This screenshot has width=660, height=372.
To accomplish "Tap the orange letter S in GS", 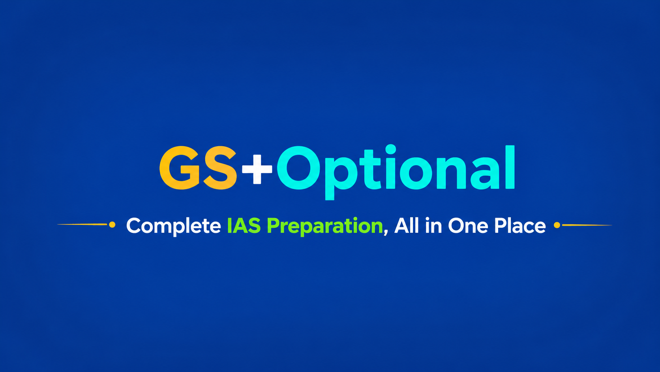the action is coord(220,168).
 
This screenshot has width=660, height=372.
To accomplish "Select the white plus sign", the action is coord(257,169).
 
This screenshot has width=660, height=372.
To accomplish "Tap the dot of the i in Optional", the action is coord(391,149).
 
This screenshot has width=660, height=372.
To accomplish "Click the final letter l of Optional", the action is coord(510,167).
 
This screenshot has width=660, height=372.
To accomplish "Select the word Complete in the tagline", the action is coord(174,226).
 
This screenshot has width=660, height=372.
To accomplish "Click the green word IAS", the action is coord(244,226).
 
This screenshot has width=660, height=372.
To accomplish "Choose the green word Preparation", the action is coord(324,226).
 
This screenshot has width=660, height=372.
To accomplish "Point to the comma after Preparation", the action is coord(386,233).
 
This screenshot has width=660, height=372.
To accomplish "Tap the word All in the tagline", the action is coord(407,226).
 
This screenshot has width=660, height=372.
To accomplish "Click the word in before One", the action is coord(434,226).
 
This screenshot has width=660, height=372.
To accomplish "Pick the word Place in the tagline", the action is coord(520,226).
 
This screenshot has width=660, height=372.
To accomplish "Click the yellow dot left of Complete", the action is coord(112,225).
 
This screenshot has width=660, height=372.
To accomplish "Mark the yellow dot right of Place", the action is coord(557,225).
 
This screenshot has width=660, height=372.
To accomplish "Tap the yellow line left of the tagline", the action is coord(82,225).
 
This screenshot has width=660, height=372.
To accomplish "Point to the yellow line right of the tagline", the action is coord(587,225).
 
